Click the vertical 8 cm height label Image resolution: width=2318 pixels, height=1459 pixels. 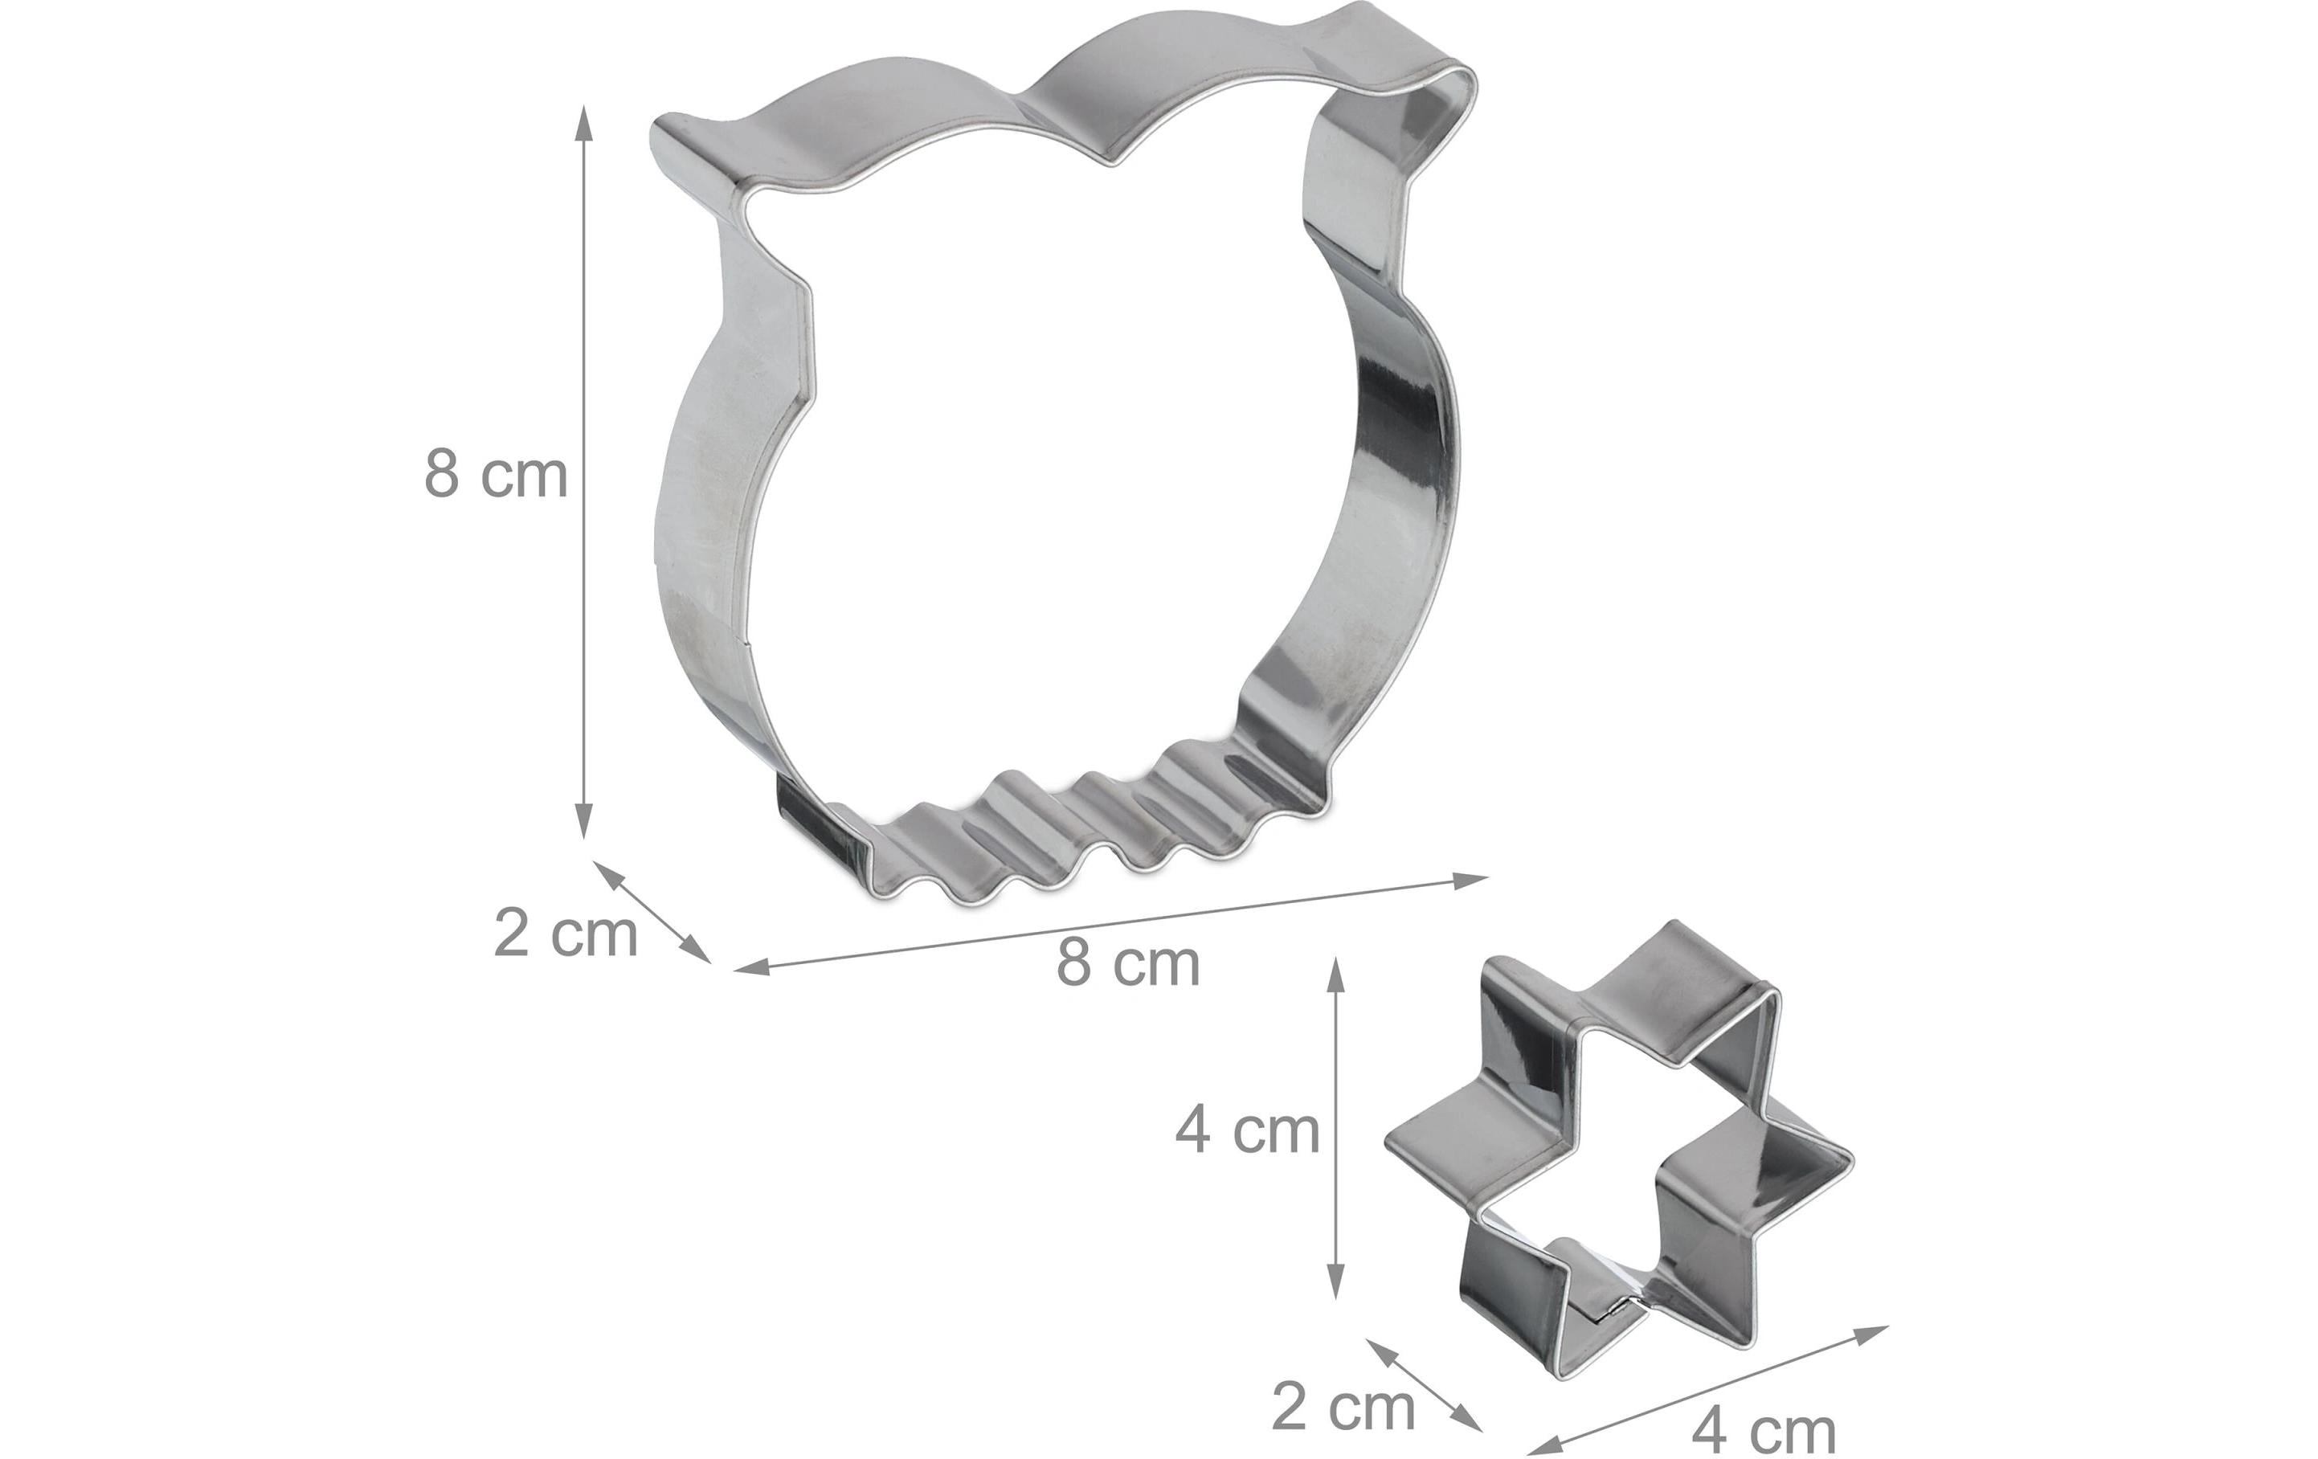[x=496, y=475]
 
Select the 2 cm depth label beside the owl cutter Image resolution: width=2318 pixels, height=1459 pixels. [x=565, y=933]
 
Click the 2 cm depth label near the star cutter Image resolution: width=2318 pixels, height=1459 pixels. [x=1343, y=1407]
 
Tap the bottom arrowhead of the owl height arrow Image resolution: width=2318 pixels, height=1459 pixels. [x=583, y=822]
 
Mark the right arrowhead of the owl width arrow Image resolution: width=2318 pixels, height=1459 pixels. [x=1473, y=879]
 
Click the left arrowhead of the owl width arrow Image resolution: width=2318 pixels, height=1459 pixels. [x=751, y=967]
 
